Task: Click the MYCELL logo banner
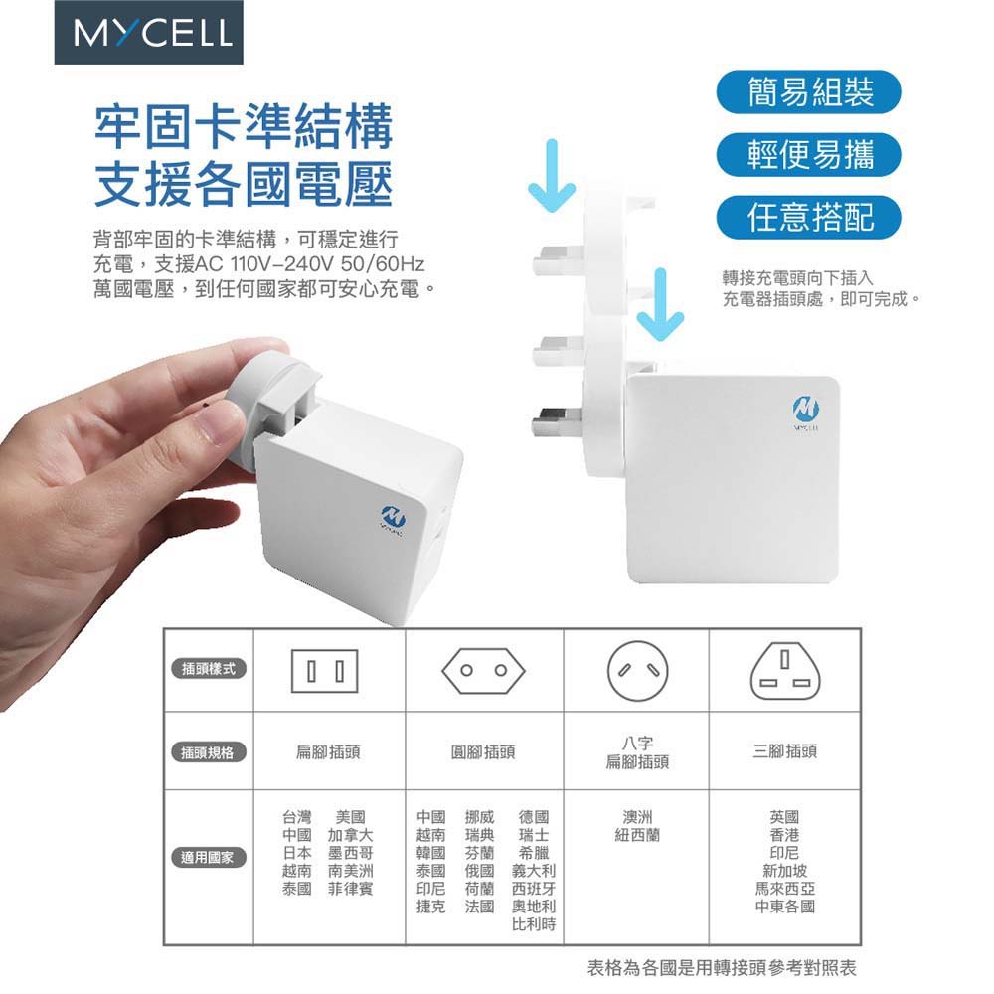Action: click(x=148, y=32)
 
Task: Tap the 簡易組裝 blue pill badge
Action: click(x=808, y=91)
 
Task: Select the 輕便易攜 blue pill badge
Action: click(x=808, y=155)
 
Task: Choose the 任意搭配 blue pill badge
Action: click(x=808, y=218)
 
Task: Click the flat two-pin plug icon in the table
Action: click(x=325, y=671)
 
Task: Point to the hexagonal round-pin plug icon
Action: click(x=483, y=670)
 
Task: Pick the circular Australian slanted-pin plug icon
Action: click(x=637, y=671)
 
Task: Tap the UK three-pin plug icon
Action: click(x=785, y=669)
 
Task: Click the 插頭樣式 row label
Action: click(x=209, y=668)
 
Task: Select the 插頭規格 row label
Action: click(x=209, y=752)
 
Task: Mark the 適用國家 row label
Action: click(x=209, y=857)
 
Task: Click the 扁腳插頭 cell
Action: click(x=328, y=751)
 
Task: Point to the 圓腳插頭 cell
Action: click(x=483, y=751)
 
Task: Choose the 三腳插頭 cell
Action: click(x=785, y=751)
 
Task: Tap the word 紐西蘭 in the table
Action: click(x=637, y=835)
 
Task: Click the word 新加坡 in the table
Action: click(x=785, y=871)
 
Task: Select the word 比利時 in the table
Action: click(x=534, y=924)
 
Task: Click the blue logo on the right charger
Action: click(x=806, y=410)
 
